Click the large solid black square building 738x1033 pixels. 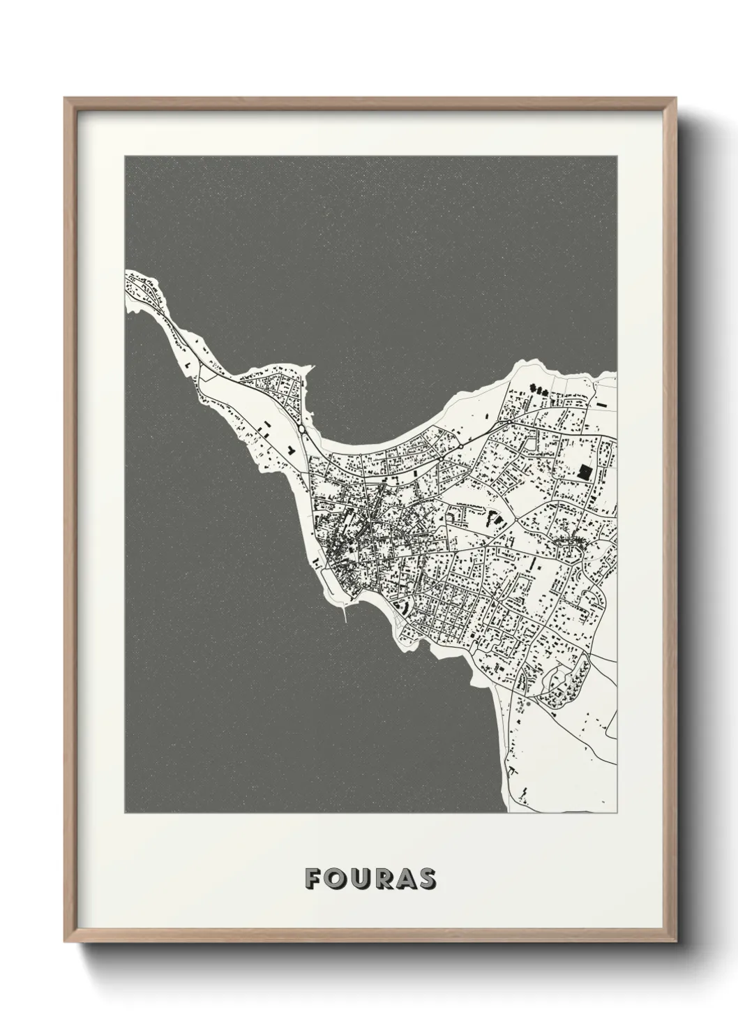[585, 471]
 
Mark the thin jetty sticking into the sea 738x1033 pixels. [346, 613]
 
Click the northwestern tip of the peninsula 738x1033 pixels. [128, 274]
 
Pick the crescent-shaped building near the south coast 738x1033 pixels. [400, 607]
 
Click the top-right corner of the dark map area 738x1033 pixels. [616, 156]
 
